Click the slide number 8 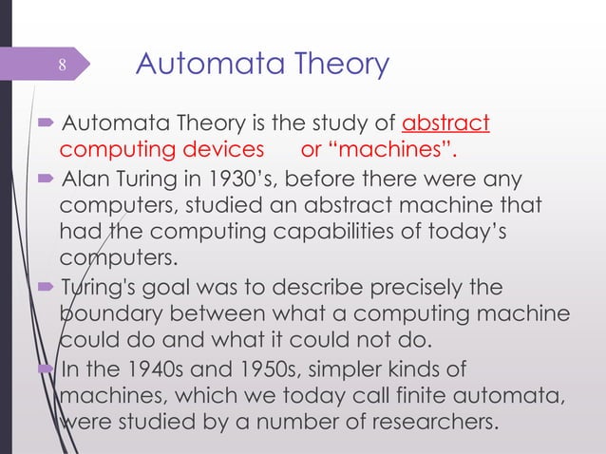click(62, 66)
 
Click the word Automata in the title click(196, 65)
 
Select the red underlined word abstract click(446, 124)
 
